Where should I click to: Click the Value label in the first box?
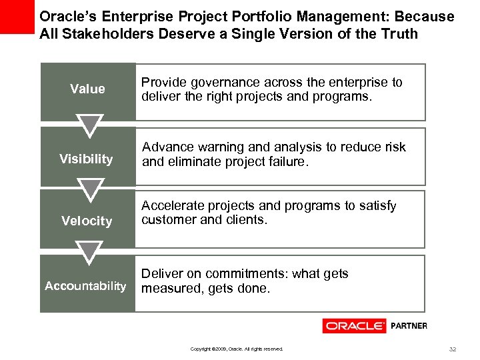point(87,89)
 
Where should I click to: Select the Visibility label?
point(86,159)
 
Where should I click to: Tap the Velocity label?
point(87,221)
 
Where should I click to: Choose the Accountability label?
point(85,286)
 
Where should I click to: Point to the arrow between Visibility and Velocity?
point(88,189)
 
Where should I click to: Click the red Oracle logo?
point(354,326)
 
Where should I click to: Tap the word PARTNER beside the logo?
point(408,326)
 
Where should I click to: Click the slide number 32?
point(453,349)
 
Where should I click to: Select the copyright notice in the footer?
point(237,349)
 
